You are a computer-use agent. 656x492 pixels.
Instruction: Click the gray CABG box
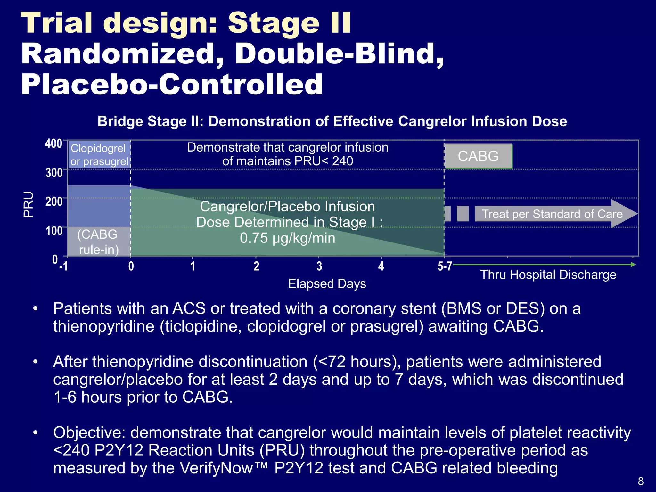tap(478, 156)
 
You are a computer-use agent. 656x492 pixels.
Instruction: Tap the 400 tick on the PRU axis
tap(54, 143)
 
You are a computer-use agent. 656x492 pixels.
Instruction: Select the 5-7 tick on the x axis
tap(445, 266)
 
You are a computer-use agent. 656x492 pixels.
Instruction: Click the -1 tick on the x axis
tap(64, 266)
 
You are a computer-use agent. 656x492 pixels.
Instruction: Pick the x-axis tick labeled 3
tap(319, 266)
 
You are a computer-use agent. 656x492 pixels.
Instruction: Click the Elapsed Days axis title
tap(327, 284)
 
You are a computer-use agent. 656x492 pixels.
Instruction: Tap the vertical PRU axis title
tap(29, 204)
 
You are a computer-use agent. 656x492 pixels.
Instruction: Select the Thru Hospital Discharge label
tap(548, 275)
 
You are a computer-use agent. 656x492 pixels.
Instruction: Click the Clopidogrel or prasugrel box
tap(99, 155)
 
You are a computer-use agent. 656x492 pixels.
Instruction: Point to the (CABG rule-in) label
tap(98, 242)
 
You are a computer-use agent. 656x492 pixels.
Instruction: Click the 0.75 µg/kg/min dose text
tap(287, 238)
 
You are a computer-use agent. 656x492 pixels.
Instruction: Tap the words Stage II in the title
tap(289, 23)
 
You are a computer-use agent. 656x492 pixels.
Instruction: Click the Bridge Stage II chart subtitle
tap(332, 121)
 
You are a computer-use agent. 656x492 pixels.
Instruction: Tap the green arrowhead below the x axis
tap(633, 265)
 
